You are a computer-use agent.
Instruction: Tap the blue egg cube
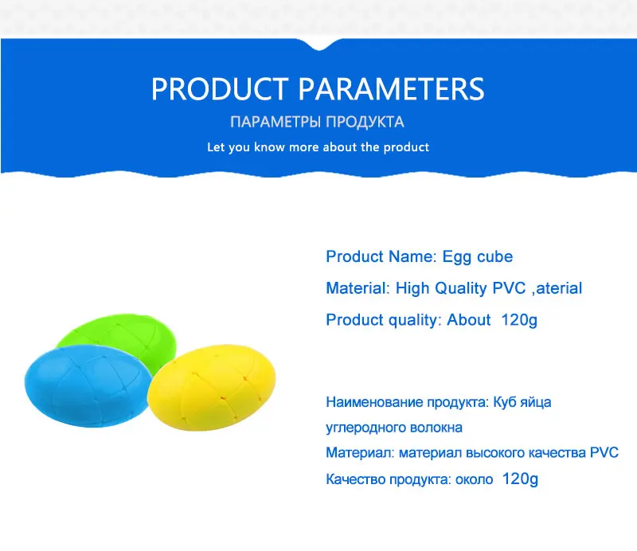[88, 386]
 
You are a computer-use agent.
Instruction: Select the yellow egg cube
[212, 388]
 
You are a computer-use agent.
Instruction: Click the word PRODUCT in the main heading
[220, 89]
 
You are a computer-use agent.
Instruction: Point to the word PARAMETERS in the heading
[392, 89]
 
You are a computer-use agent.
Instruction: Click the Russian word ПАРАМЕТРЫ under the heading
[276, 122]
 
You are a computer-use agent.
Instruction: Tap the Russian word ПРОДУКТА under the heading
[365, 122]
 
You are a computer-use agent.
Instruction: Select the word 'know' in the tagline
[269, 147]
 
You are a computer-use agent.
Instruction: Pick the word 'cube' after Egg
[494, 257]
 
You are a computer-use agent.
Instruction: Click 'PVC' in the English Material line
[509, 288]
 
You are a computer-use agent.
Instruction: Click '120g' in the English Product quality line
[519, 320]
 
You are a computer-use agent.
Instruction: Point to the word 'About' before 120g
[469, 320]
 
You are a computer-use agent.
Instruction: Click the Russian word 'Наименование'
[374, 402]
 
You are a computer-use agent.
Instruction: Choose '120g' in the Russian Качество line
[520, 479]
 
